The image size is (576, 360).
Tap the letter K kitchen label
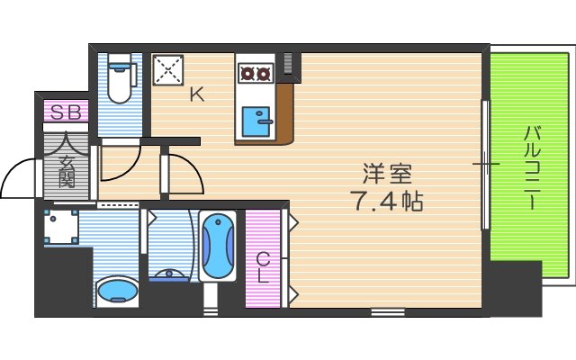(x=195, y=94)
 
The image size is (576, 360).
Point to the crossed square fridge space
(x=167, y=70)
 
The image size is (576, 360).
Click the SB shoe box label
(x=64, y=112)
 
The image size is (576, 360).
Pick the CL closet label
(x=263, y=267)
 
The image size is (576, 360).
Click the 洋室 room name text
(x=382, y=171)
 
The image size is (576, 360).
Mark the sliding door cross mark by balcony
(x=486, y=164)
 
